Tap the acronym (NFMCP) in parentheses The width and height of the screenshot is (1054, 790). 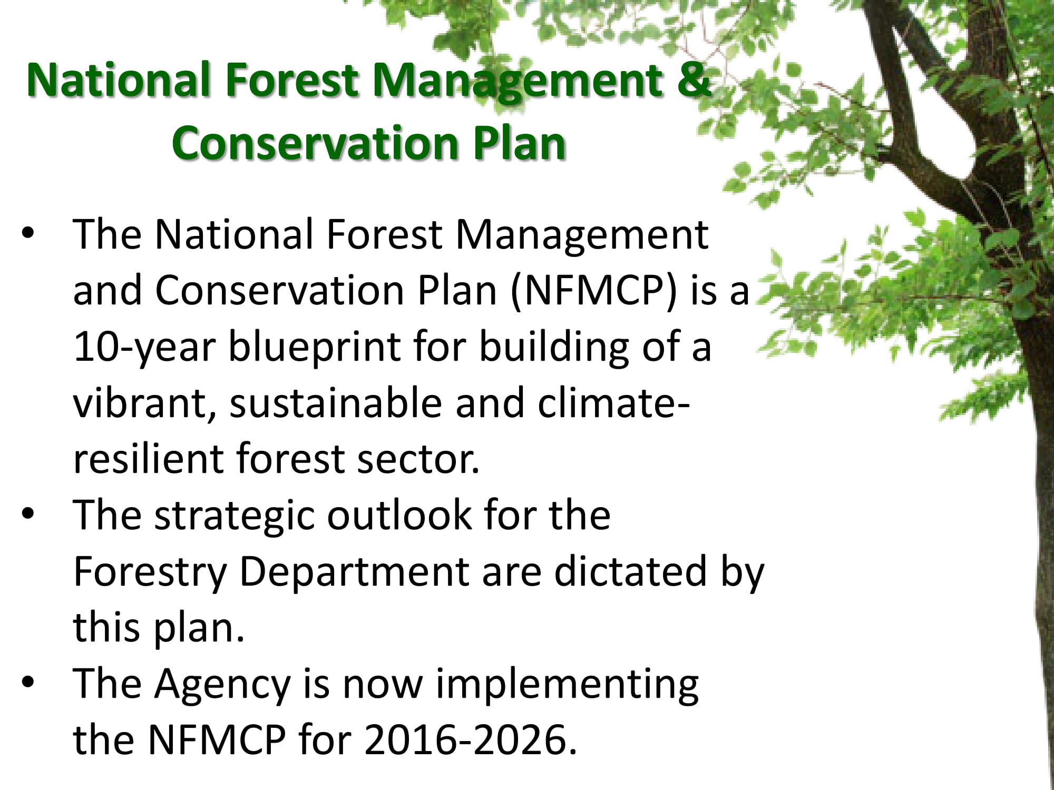[593, 291]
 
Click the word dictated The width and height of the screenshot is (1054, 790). [630, 571]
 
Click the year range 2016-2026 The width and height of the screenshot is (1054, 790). [466, 739]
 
